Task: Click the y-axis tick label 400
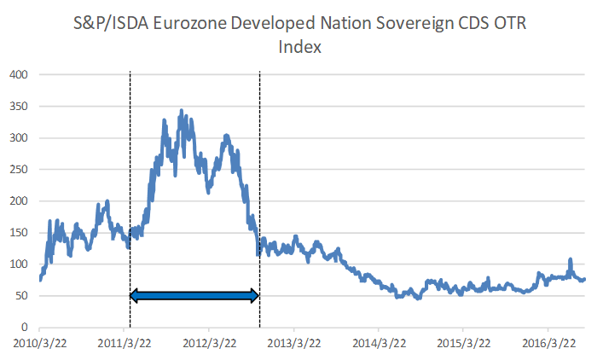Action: click(19, 75)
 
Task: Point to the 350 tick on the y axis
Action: click(19, 107)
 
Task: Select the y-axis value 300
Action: click(19, 138)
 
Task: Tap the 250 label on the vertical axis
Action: click(19, 170)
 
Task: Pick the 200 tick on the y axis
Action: click(19, 201)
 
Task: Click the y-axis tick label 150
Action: click(19, 233)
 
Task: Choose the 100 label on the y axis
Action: click(19, 264)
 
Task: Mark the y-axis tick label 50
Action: click(22, 296)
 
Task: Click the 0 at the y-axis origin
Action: click(26, 328)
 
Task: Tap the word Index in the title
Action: click(299, 47)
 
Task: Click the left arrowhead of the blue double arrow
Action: click(135, 295)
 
